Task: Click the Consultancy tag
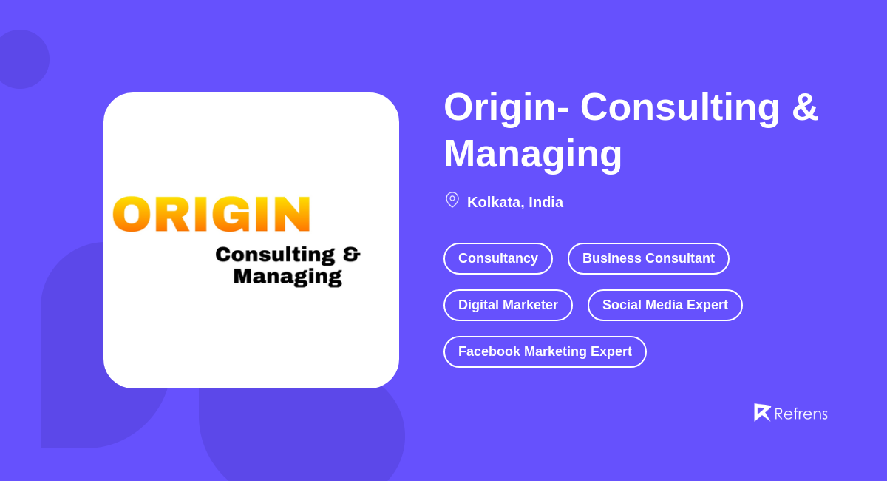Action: click(497, 258)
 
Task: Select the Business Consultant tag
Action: click(648, 258)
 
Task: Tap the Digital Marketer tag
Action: click(508, 305)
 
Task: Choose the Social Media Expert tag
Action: click(665, 305)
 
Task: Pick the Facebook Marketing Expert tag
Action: click(545, 351)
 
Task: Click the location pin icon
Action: click(452, 200)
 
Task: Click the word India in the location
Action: click(546, 202)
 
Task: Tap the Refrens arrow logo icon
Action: click(762, 412)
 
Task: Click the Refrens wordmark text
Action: click(801, 414)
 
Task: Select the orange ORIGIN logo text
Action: click(211, 215)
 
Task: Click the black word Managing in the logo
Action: click(288, 277)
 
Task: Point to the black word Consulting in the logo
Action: click(275, 255)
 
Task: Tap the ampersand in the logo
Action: click(351, 255)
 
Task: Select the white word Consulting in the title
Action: click(680, 107)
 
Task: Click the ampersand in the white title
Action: click(805, 107)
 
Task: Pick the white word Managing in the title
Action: click(533, 153)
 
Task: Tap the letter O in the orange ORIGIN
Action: click(132, 215)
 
